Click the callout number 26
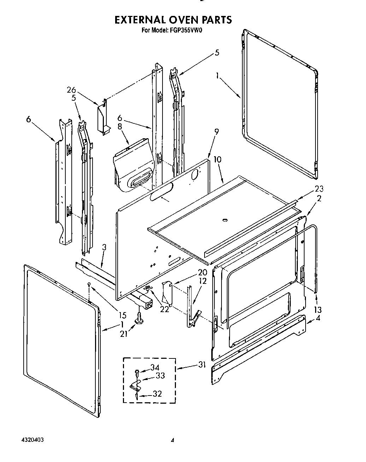pyautogui.click(x=71, y=90)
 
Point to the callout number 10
pyautogui.click(x=218, y=159)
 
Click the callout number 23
pyautogui.click(x=319, y=189)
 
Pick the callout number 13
pyautogui.click(x=318, y=310)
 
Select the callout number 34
pyautogui.click(x=155, y=368)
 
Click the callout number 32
pyautogui.click(x=157, y=394)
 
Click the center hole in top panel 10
pyautogui.click(x=224, y=221)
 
